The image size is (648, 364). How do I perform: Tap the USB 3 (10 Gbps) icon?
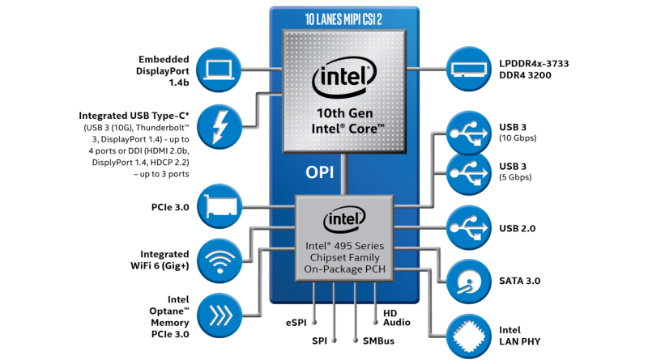click(x=468, y=132)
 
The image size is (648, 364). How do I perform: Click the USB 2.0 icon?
click(x=468, y=228)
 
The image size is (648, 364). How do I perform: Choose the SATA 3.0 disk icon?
click(x=468, y=281)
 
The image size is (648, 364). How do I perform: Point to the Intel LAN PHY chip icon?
click(x=468, y=335)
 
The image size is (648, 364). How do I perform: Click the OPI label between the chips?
click(x=319, y=172)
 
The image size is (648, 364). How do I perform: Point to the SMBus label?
click(x=373, y=341)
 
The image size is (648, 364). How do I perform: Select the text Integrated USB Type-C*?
click(x=134, y=116)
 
